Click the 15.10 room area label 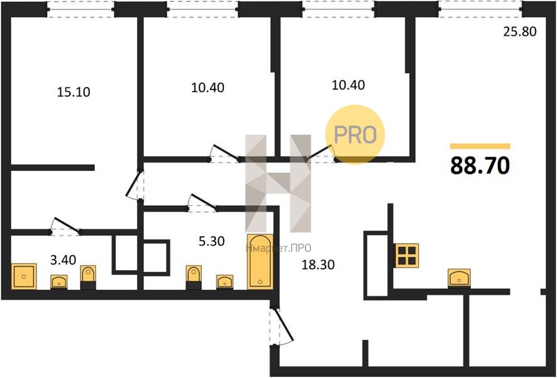(74, 92)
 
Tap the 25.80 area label (520, 31)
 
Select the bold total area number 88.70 (480, 166)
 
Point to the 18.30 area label (318, 265)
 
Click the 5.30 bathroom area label (211, 241)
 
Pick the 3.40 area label (63, 260)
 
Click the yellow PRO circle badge (355, 135)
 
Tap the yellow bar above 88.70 (480, 146)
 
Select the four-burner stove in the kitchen (407, 256)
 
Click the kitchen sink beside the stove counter (459, 278)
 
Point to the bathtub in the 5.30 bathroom (260, 261)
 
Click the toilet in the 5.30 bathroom (194, 277)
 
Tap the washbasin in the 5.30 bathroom (225, 282)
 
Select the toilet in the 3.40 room (88, 278)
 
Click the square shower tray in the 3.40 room (24, 276)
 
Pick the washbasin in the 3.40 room (59, 282)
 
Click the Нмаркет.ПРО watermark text (278, 248)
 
